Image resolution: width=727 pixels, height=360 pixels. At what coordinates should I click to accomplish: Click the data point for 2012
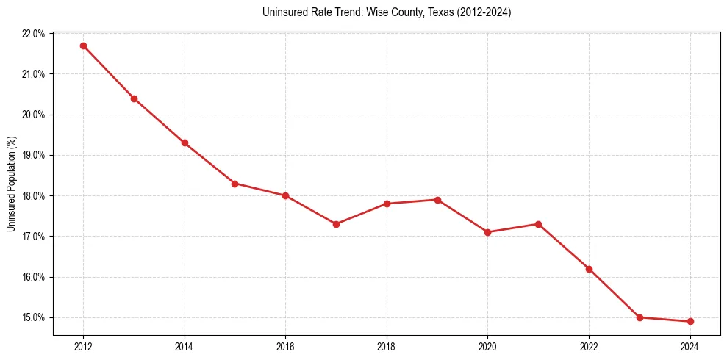(x=83, y=46)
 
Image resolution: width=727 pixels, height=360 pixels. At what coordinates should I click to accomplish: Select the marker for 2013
(x=134, y=98)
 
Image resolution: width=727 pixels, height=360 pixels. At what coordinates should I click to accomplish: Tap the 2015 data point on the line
(x=234, y=184)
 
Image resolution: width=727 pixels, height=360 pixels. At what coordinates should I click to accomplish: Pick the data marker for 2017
(x=336, y=224)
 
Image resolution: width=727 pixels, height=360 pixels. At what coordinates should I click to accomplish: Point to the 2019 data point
(x=437, y=200)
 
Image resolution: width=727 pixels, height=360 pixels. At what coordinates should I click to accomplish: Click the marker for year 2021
(x=538, y=224)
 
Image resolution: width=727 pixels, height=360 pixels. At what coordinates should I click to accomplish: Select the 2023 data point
(x=640, y=317)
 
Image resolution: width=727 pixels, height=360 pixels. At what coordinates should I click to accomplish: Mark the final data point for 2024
(x=690, y=321)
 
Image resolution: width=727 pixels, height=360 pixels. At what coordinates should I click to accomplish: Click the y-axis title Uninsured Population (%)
(x=11, y=184)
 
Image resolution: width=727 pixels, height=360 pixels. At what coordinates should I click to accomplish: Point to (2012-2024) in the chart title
(x=478, y=13)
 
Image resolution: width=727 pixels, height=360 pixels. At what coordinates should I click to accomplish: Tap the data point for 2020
(x=487, y=232)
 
